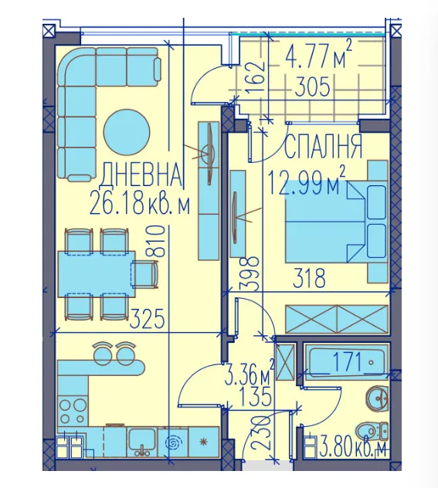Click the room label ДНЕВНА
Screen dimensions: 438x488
point(141,174)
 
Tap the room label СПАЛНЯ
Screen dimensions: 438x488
point(324,147)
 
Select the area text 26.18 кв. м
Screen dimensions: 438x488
point(139,203)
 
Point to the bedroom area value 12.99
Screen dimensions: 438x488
point(298,184)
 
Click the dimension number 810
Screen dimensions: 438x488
point(158,241)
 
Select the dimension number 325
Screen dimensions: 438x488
point(147,318)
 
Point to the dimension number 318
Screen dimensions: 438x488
point(310,278)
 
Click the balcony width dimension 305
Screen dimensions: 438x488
point(312,86)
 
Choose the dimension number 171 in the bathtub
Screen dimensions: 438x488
point(346,361)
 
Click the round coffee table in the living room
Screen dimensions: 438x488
point(127,132)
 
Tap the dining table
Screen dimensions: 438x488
point(97,274)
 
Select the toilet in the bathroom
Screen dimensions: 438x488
point(372,432)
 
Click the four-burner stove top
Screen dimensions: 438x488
point(73,411)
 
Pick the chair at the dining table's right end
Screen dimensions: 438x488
point(145,274)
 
